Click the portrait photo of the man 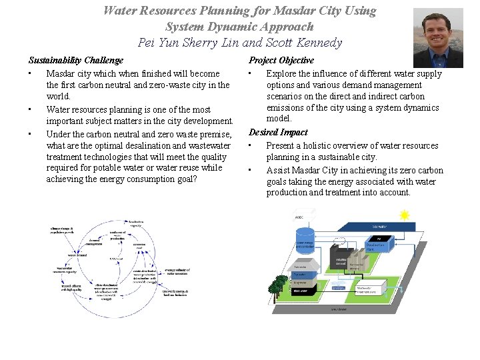coord(438,37)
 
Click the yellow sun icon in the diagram coord(404,215)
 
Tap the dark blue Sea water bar coord(380,227)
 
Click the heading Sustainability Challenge coord(75,60)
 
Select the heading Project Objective coord(281,60)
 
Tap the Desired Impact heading coord(278,132)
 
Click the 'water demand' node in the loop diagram coord(77,255)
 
